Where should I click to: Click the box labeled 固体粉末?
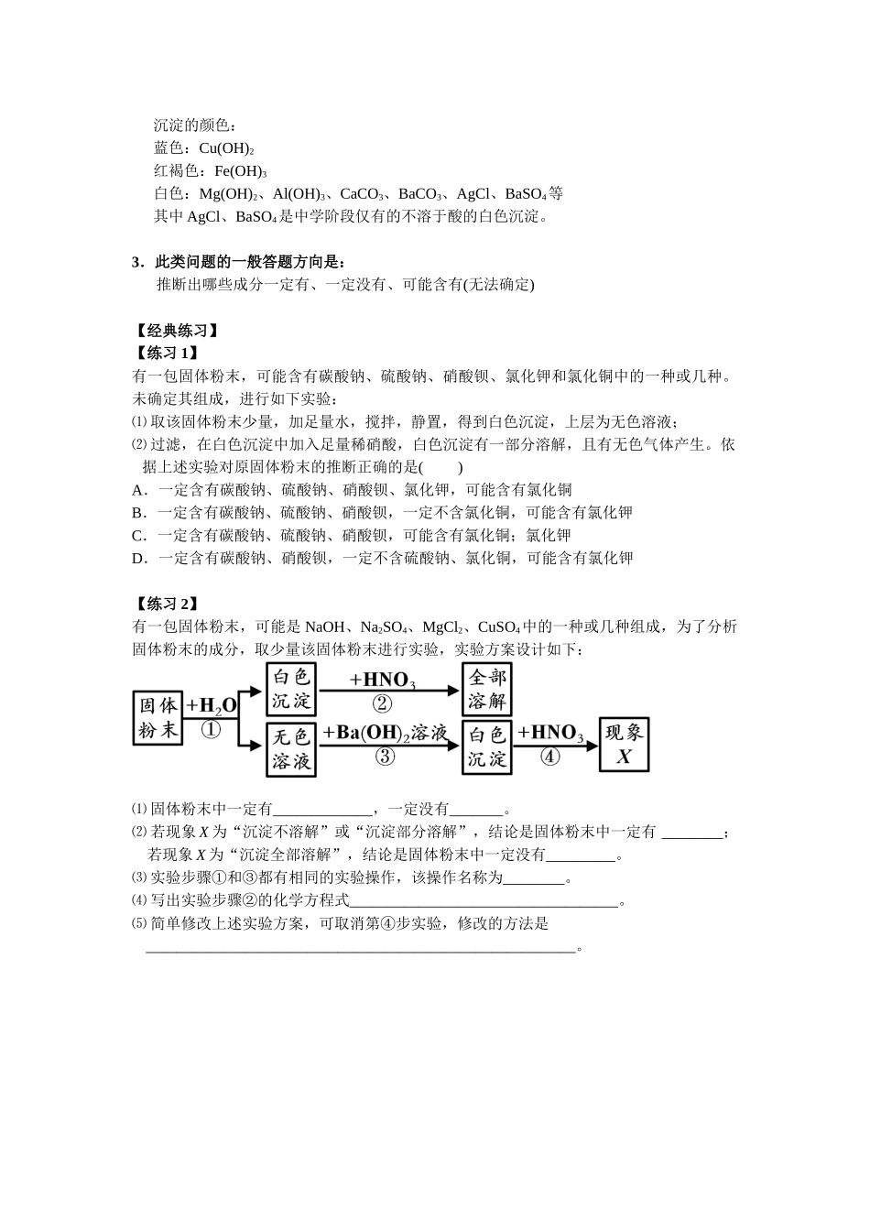click(x=158, y=717)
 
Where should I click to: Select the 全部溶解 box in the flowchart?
click(x=486, y=689)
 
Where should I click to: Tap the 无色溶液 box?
click(x=291, y=749)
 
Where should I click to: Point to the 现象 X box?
click(x=624, y=744)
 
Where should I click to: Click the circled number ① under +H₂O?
click(x=211, y=730)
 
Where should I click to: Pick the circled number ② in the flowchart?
click(x=382, y=703)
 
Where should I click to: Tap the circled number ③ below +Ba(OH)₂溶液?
click(x=385, y=757)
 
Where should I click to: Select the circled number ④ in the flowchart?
click(x=549, y=757)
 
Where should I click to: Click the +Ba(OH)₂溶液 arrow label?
click(x=385, y=733)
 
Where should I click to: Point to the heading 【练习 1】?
click(x=165, y=354)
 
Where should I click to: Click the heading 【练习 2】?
click(x=165, y=604)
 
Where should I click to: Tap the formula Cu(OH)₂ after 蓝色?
click(x=226, y=148)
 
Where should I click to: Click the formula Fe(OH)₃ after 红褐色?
click(x=240, y=171)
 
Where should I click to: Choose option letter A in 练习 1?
click(x=138, y=490)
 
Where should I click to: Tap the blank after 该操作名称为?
click(x=534, y=878)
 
